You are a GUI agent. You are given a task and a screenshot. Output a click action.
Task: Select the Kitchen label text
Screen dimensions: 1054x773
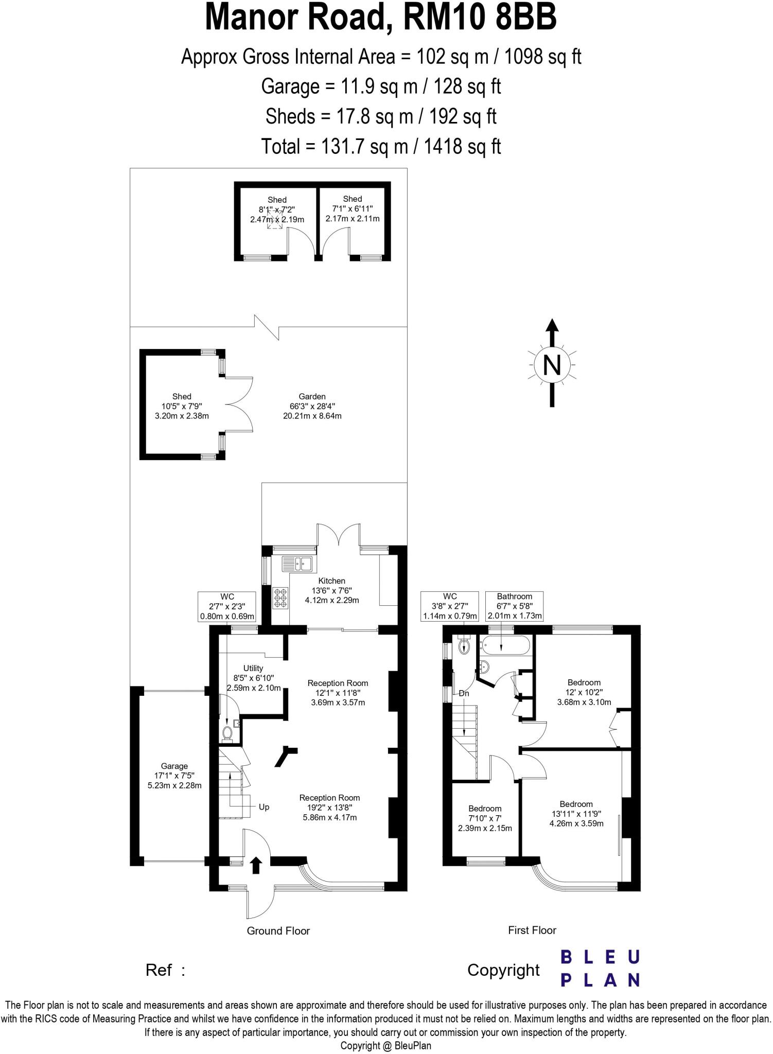pos(331,581)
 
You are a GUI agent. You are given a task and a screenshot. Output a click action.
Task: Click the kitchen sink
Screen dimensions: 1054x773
pos(297,564)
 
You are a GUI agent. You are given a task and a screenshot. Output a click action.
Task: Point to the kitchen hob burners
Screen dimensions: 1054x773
pos(281,598)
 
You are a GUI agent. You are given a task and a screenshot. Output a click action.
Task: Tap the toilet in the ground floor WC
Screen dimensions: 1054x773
pos(227,732)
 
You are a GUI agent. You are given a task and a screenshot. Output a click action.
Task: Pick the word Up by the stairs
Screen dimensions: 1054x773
pos(264,807)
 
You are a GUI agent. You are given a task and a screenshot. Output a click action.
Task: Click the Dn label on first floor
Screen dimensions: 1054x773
pos(464,693)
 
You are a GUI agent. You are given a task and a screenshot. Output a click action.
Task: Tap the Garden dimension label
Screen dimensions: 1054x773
pos(312,406)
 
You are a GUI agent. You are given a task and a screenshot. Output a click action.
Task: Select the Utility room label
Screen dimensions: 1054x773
pos(253,678)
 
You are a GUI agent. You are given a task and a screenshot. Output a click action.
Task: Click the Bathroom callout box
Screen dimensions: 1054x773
pos(514,606)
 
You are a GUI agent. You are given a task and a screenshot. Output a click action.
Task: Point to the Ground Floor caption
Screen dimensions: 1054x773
pos(278,930)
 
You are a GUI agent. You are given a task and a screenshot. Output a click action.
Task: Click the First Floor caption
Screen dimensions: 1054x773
pos(532,930)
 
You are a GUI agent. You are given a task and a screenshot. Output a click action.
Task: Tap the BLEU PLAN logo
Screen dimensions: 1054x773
pos(600,968)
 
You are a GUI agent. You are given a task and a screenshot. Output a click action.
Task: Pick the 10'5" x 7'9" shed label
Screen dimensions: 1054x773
pos(182,406)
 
